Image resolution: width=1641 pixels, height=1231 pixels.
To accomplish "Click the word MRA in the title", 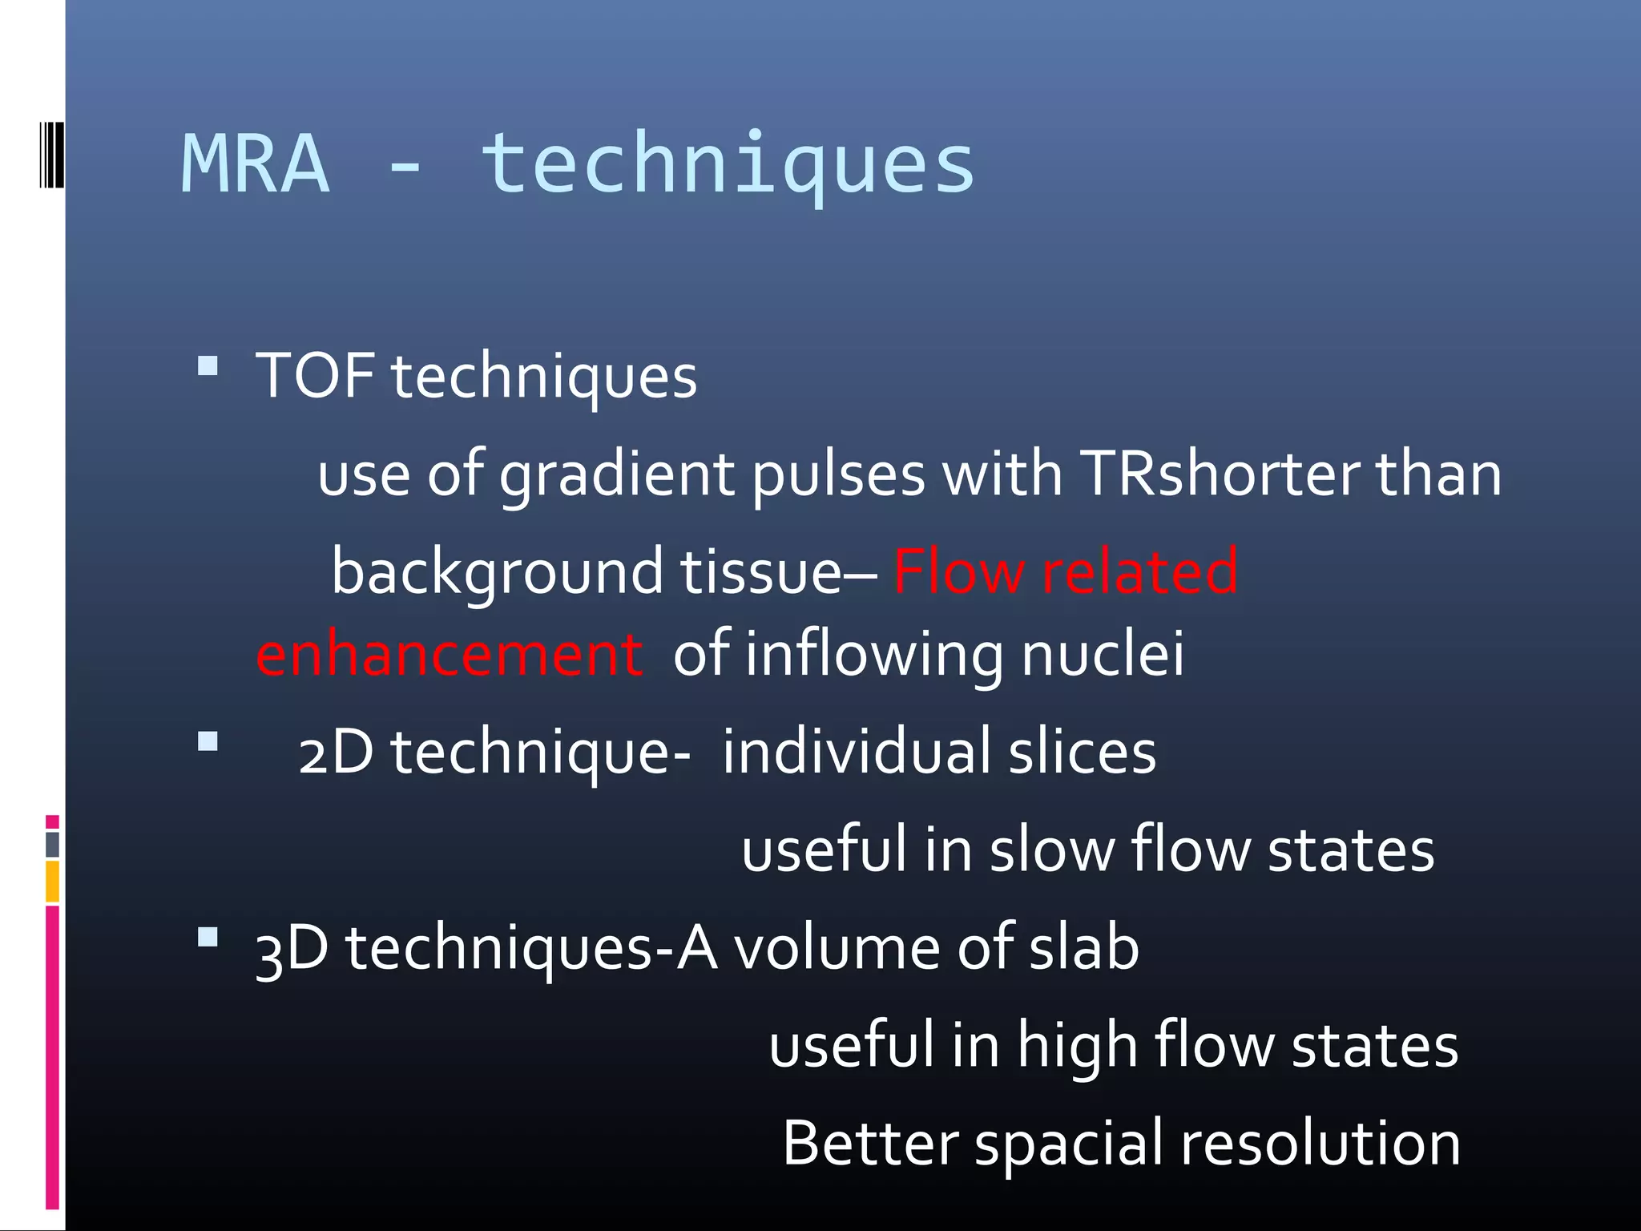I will click(x=256, y=164).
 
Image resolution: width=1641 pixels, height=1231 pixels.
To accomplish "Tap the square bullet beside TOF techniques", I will click(x=208, y=367).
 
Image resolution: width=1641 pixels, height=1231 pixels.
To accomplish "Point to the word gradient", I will click(x=616, y=474).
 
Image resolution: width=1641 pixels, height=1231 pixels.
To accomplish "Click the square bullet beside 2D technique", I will click(x=208, y=741).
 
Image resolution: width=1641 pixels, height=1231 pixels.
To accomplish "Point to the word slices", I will click(x=1082, y=752).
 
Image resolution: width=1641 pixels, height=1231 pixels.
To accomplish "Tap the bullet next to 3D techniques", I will click(x=208, y=937).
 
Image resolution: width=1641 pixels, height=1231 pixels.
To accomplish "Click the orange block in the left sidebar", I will click(x=52, y=881).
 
